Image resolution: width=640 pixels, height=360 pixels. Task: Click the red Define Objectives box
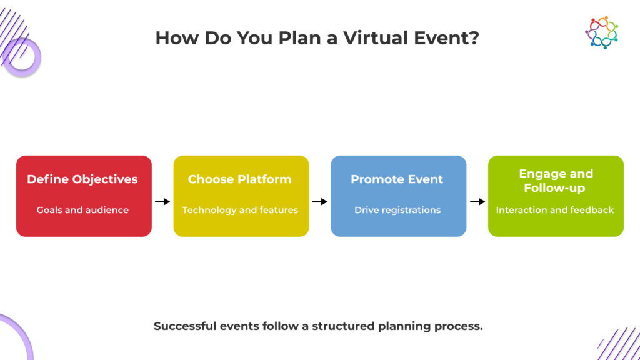[x=84, y=196]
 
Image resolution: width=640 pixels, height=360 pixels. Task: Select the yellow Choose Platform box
[x=241, y=196]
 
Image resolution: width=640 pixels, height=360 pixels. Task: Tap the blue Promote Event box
[x=398, y=196]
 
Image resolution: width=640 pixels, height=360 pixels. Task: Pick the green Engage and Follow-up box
[x=556, y=196]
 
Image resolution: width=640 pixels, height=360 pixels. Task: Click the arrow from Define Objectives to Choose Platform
[x=162, y=202]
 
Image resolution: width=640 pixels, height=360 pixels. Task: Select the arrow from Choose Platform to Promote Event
[x=320, y=202]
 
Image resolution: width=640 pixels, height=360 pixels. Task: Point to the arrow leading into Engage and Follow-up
[x=477, y=202]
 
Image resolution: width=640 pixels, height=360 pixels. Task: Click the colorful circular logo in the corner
[x=601, y=32]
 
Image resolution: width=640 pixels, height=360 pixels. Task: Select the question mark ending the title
[x=474, y=38]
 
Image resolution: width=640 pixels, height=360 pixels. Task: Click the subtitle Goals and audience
[x=82, y=210]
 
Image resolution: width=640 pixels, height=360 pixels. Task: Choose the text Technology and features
[x=240, y=210]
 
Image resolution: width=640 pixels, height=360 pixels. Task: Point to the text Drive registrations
[x=397, y=210]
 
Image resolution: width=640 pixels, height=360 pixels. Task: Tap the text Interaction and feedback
[x=555, y=210]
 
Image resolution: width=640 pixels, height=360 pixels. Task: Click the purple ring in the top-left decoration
[x=22, y=57]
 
